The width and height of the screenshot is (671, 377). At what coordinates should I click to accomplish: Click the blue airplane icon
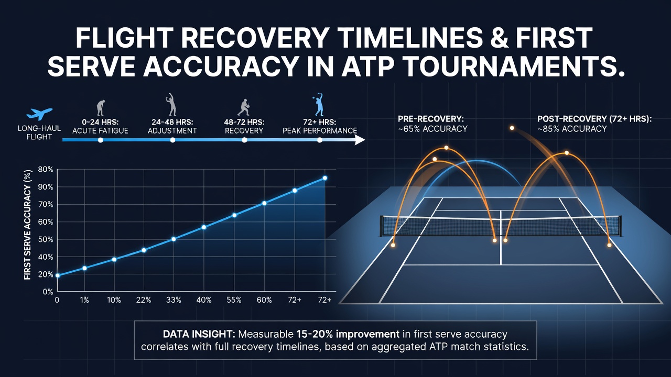pos(39,114)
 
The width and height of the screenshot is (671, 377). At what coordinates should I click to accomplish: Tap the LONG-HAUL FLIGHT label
pos(39,132)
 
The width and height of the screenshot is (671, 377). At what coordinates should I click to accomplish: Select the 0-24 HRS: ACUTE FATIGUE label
pos(100,126)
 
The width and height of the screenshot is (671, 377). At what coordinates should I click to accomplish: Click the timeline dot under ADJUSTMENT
pos(172,140)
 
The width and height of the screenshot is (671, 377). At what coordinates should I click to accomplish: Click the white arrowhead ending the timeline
pos(360,140)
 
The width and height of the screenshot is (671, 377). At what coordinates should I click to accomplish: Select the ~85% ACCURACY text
pos(572,129)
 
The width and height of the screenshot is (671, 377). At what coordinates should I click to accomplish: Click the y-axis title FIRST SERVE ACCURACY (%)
pos(28,225)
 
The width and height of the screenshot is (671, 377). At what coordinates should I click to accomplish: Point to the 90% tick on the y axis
pos(46,187)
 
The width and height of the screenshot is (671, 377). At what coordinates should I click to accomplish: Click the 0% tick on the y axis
pos(48,292)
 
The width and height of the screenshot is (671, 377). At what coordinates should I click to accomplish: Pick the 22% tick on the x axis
pos(144,300)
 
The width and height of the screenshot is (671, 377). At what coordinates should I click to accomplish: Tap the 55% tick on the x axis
pos(234,300)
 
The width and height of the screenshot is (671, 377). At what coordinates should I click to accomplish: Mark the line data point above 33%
pos(174,239)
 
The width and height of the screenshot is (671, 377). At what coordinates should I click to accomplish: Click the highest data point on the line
pos(324,178)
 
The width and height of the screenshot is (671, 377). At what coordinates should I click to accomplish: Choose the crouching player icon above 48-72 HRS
pos(244,107)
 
